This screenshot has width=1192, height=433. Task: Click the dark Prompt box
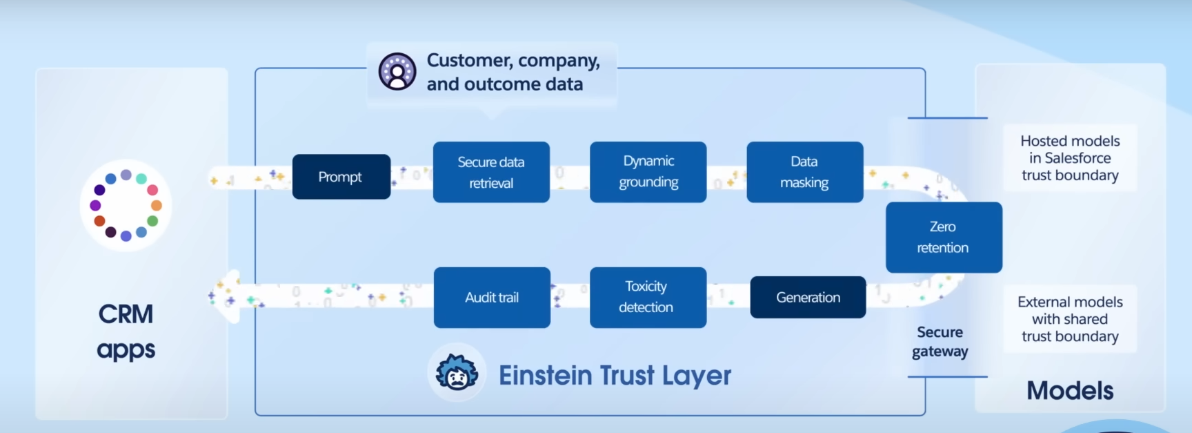click(x=341, y=177)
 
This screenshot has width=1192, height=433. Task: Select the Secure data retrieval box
click(x=491, y=172)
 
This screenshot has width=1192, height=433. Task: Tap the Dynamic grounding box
click(x=648, y=172)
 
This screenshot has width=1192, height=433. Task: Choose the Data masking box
click(x=804, y=172)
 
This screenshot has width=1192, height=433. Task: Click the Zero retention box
click(x=943, y=237)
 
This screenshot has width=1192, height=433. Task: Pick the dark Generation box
click(x=808, y=297)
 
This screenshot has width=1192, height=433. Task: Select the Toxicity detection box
click(x=648, y=297)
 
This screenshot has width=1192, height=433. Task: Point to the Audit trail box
click(x=491, y=297)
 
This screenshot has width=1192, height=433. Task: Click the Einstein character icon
click(x=457, y=372)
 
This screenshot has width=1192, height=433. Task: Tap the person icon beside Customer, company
click(x=397, y=71)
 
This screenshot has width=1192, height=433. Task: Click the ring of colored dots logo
click(x=126, y=205)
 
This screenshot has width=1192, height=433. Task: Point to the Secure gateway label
click(x=940, y=341)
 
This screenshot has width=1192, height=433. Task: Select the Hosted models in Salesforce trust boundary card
click(x=1069, y=158)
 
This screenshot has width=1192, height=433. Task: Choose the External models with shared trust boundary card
click(x=1069, y=319)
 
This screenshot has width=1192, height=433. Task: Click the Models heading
click(x=1069, y=390)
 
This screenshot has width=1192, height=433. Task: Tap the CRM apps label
click(x=126, y=331)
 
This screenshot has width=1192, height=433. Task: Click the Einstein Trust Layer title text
click(x=614, y=375)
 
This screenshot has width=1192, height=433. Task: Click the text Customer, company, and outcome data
click(x=513, y=72)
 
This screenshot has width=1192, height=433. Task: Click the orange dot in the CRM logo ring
click(x=157, y=205)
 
